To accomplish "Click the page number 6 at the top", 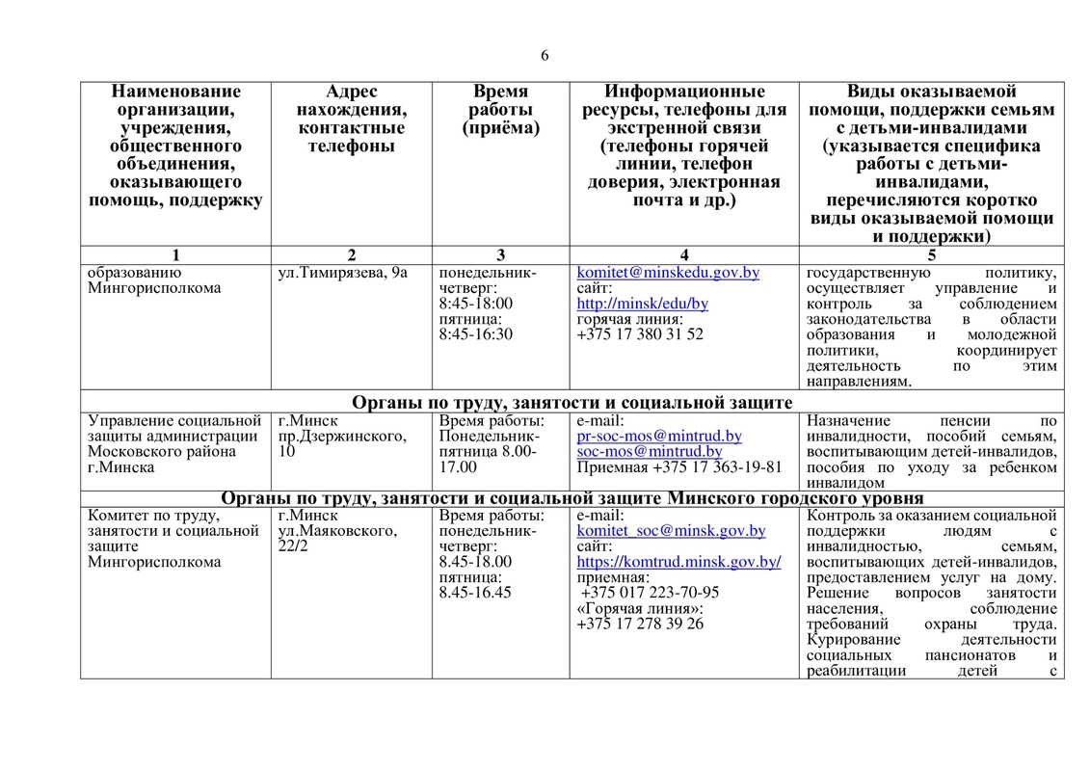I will click(x=545, y=55).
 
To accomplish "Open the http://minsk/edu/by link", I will click(x=642, y=304).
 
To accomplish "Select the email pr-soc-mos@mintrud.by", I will click(x=659, y=437).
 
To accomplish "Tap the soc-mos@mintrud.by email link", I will click(x=650, y=452).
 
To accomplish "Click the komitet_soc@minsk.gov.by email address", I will click(x=671, y=531).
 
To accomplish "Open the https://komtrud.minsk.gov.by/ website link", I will click(x=678, y=562).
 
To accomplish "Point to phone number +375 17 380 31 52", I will click(x=640, y=334).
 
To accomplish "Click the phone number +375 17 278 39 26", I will click(x=640, y=624).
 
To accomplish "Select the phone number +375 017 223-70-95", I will click(x=650, y=593).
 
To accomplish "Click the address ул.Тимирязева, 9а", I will click(x=342, y=273).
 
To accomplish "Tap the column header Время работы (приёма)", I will click(x=500, y=109).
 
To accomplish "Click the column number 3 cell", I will click(x=500, y=255).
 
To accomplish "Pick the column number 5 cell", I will click(x=931, y=255).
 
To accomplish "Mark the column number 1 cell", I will click(x=175, y=255).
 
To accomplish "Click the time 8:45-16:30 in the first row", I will click(x=475, y=334).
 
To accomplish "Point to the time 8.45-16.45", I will click(x=475, y=593).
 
